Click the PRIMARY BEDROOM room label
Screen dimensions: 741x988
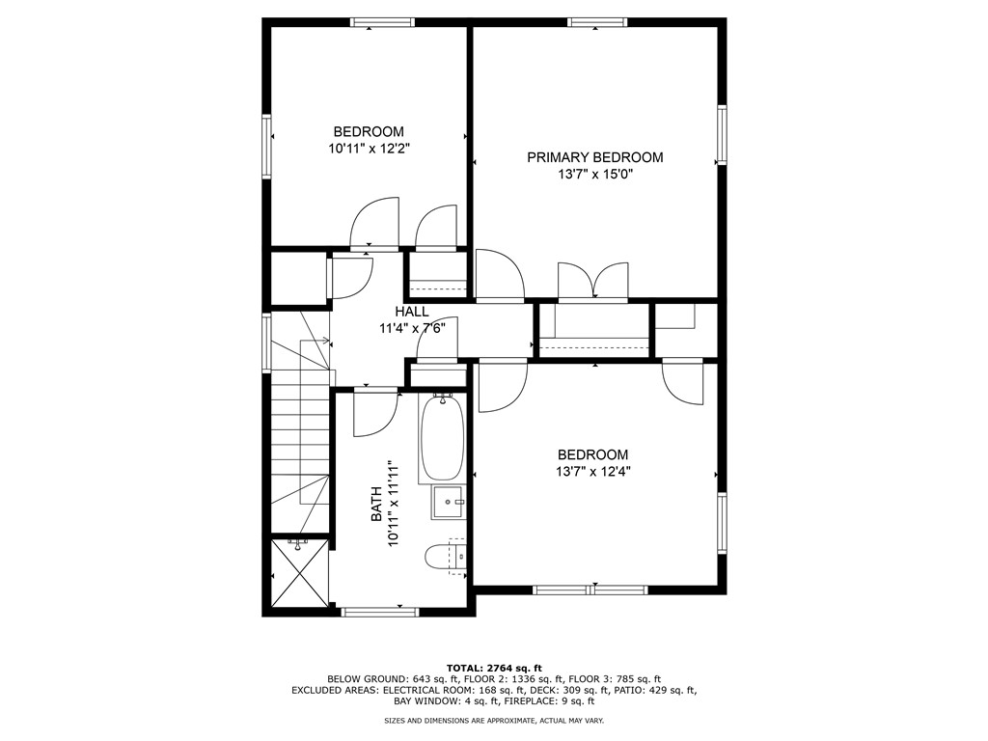[594, 157]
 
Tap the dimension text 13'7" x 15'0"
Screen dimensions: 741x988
[594, 175]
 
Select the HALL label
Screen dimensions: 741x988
[411, 312]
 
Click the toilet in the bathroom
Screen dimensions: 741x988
[445, 557]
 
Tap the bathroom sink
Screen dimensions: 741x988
[449, 501]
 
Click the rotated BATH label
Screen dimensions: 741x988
[377, 505]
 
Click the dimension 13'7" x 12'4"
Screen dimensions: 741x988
[592, 472]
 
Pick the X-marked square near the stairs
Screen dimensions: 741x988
[298, 573]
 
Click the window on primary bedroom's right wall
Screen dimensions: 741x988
[721, 135]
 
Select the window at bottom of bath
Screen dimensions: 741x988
[380, 610]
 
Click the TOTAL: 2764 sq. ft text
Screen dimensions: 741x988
[494, 668]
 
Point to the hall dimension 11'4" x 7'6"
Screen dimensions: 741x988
[411, 328]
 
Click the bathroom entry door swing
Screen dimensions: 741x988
[374, 413]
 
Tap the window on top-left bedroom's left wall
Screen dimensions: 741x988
[267, 147]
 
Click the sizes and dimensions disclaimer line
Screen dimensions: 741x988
[494, 721]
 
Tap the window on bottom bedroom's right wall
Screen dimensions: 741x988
[721, 523]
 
